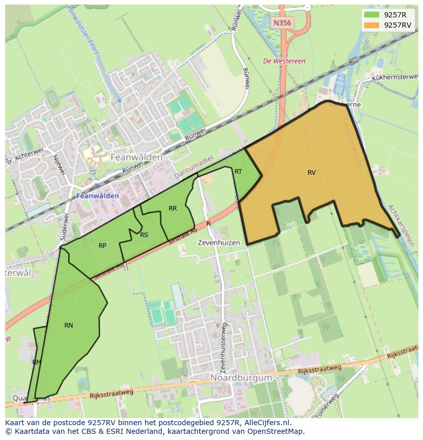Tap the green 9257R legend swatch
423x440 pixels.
[x=371, y=14]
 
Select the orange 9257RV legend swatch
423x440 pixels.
[x=371, y=25]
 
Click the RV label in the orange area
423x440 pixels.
[x=312, y=173]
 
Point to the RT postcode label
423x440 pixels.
[x=238, y=172]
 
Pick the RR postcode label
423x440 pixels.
[x=173, y=209]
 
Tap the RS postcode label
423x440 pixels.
[x=144, y=235]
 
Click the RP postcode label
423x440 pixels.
[x=102, y=246]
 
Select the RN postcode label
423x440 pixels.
[x=68, y=326]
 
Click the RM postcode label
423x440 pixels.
[x=36, y=362]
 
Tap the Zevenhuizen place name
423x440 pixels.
[x=219, y=243]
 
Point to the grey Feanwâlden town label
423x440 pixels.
[x=136, y=157]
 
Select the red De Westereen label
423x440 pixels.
[x=284, y=61]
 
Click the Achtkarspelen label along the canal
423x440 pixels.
[x=400, y=225]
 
